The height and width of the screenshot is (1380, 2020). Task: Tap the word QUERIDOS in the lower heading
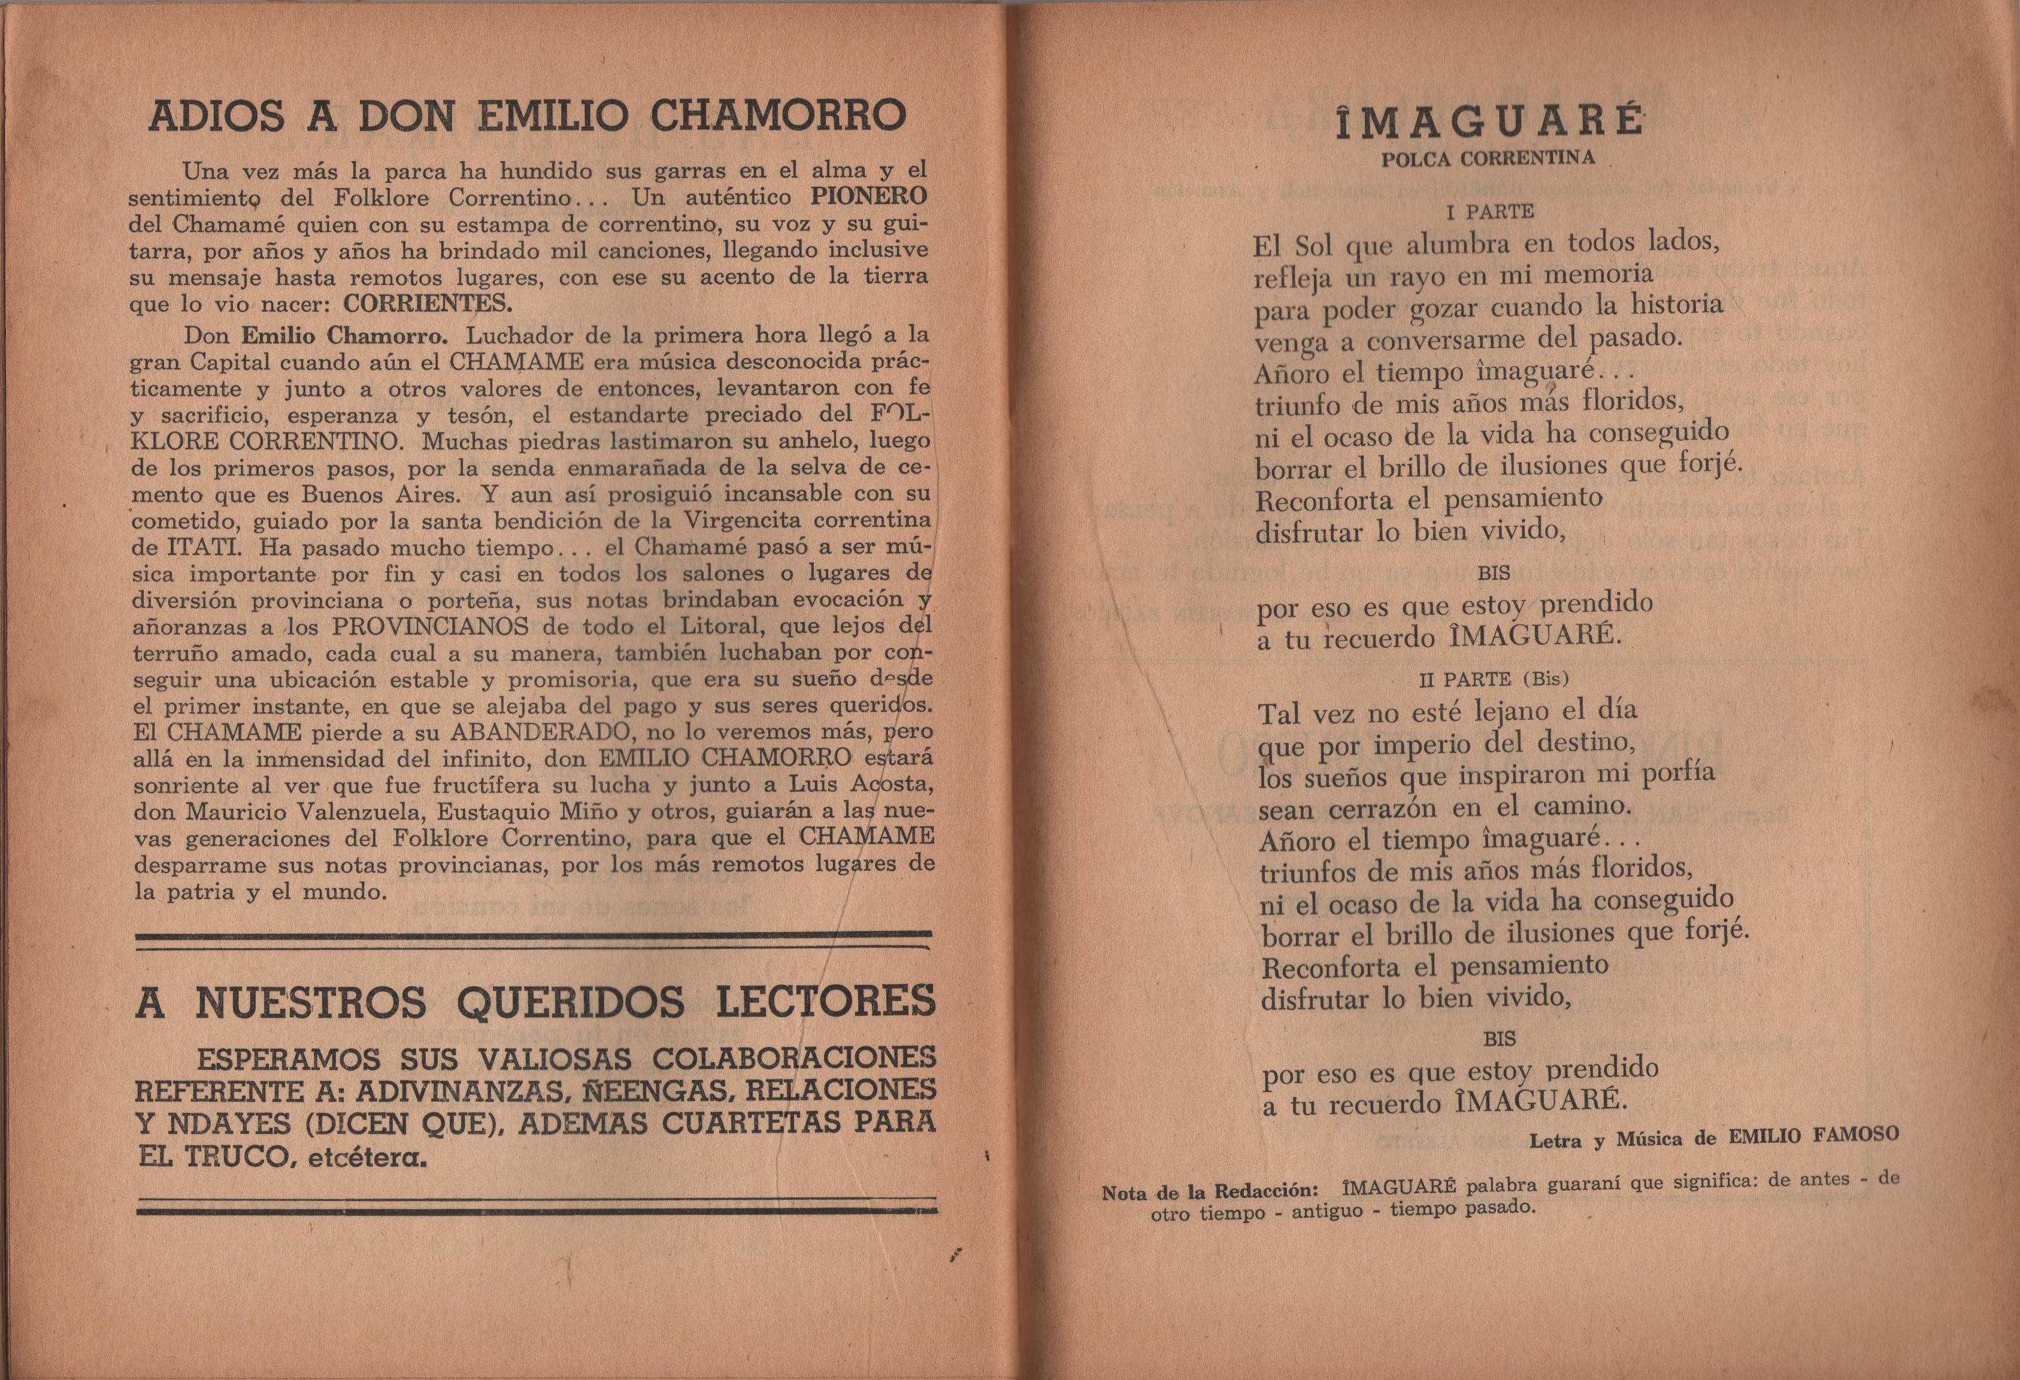coord(568,1003)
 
